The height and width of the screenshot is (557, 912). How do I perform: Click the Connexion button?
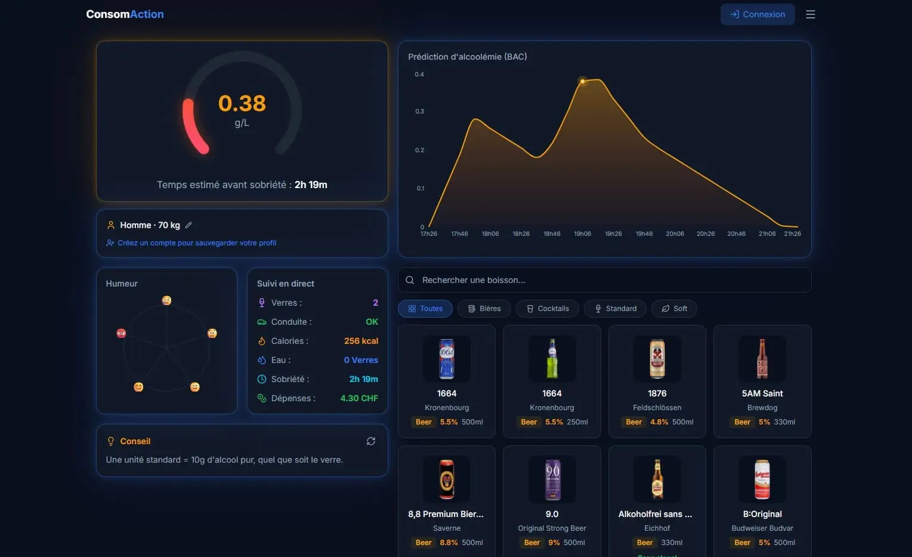pos(757,14)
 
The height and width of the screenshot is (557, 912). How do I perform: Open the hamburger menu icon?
pos(810,14)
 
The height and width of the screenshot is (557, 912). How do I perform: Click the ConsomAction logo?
pos(125,14)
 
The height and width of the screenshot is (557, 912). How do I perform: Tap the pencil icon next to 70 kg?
pos(188,225)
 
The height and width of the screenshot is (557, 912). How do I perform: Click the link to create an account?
pos(196,243)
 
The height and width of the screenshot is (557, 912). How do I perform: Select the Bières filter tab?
pos(484,309)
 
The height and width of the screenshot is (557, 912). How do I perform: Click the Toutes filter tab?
pos(425,309)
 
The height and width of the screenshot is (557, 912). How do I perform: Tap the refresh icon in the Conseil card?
pos(371,441)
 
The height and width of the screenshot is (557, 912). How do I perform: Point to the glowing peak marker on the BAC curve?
pos(583,81)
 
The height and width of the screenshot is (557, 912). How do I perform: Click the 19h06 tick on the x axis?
pos(582,234)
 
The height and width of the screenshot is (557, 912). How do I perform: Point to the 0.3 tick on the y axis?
pos(419,112)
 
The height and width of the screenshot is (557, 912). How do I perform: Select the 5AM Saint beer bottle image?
pos(762,359)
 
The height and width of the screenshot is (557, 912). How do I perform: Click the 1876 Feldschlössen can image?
pos(657,359)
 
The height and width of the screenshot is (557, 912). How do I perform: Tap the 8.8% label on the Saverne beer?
pos(449,543)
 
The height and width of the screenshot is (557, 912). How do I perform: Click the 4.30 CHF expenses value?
pos(359,398)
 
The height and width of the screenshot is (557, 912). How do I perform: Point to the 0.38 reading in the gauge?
pos(242,103)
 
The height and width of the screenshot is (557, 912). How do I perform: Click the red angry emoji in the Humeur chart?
pos(121,333)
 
